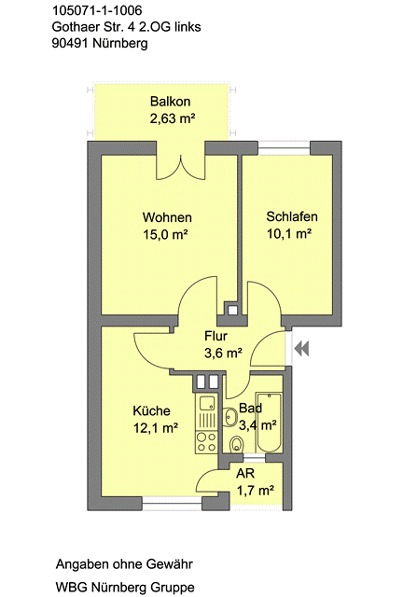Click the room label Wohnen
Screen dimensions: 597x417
(x=166, y=217)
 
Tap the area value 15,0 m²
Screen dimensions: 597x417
(x=166, y=234)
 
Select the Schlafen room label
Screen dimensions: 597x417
(x=289, y=217)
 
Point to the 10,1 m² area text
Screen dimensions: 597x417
(x=289, y=234)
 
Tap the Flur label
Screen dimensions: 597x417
(x=216, y=337)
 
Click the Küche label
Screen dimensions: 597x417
(x=151, y=410)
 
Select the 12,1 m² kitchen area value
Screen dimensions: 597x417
(x=155, y=428)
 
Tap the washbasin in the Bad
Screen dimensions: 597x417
(x=230, y=416)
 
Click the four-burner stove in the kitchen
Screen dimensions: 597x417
(x=206, y=442)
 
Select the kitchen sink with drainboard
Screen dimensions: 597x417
(x=206, y=410)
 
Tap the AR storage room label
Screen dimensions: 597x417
(x=244, y=474)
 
